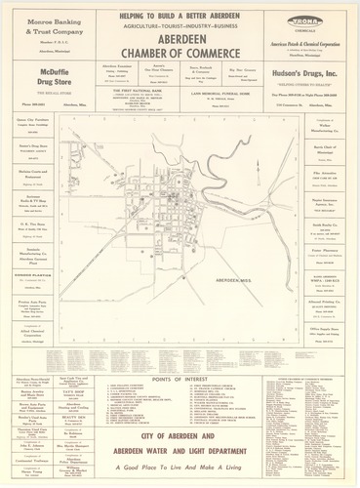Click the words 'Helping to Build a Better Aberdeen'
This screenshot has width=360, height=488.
pyautogui.click(x=180, y=13)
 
